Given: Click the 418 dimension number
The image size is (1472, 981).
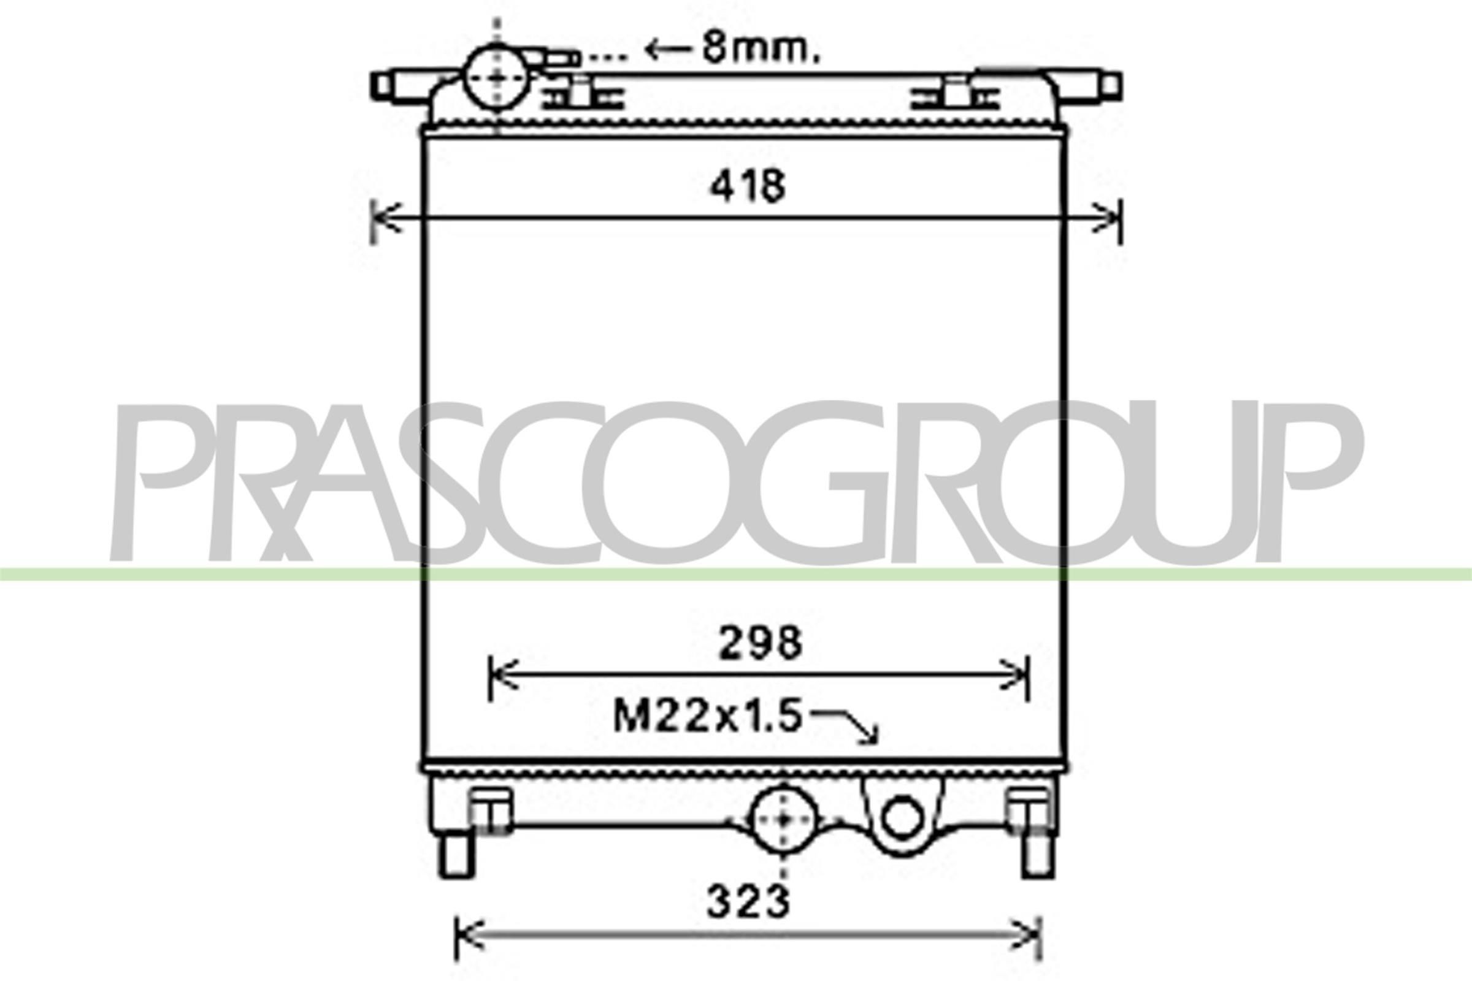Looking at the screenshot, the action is [x=747, y=186].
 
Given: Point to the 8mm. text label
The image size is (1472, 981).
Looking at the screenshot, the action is [x=760, y=49].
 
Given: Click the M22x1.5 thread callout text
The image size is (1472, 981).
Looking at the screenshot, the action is [x=707, y=716].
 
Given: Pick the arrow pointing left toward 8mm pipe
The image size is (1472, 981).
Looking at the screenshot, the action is [x=669, y=49].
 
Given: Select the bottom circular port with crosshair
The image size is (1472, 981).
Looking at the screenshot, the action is [x=783, y=820].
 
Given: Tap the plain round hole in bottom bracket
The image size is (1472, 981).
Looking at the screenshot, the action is [x=901, y=820].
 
